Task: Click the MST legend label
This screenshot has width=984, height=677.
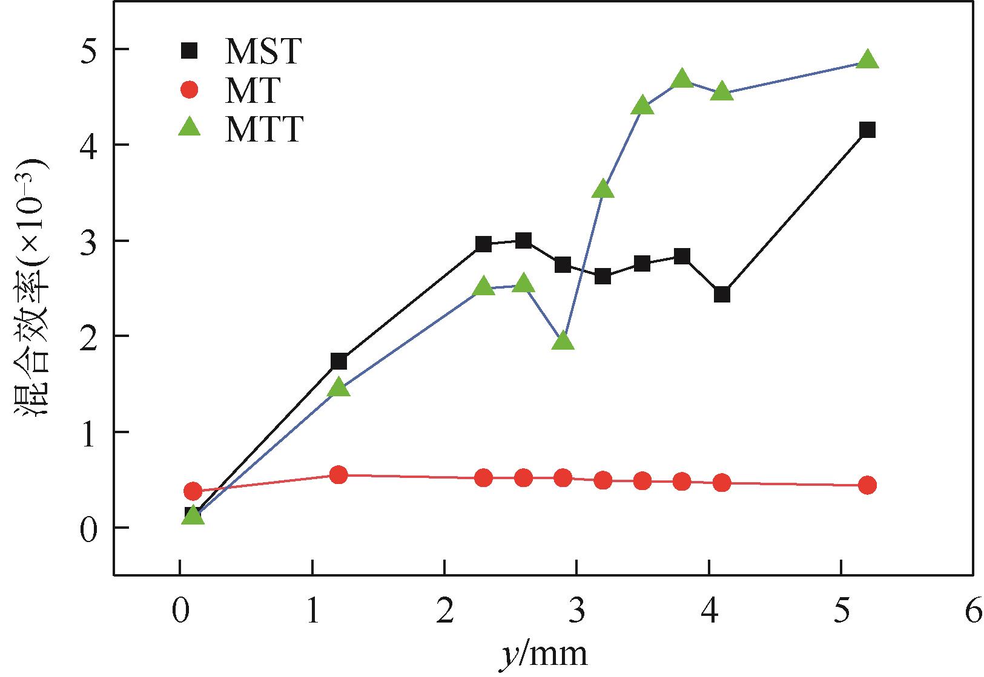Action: point(262,52)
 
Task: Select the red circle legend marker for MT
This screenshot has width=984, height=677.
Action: point(190,91)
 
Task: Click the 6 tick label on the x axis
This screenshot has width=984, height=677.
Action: point(973,613)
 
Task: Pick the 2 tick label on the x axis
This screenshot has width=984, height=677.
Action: point(444,613)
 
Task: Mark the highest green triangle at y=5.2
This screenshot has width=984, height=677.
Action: point(867,59)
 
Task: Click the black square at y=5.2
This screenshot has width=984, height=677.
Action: point(867,129)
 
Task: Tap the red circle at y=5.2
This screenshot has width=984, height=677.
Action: point(867,485)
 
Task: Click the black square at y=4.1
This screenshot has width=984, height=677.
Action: point(722,295)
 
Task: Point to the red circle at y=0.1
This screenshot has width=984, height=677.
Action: point(193,491)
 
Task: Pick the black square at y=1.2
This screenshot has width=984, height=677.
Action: point(339,362)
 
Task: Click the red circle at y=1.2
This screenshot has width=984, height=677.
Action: point(339,475)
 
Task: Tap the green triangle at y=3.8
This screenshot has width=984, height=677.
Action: point(682,79)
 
